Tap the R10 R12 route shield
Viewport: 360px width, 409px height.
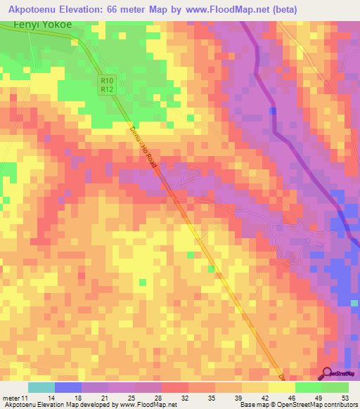(106, 86)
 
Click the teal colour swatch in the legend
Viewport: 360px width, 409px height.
(41, 387)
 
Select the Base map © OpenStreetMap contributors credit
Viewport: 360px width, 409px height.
(297, 405)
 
